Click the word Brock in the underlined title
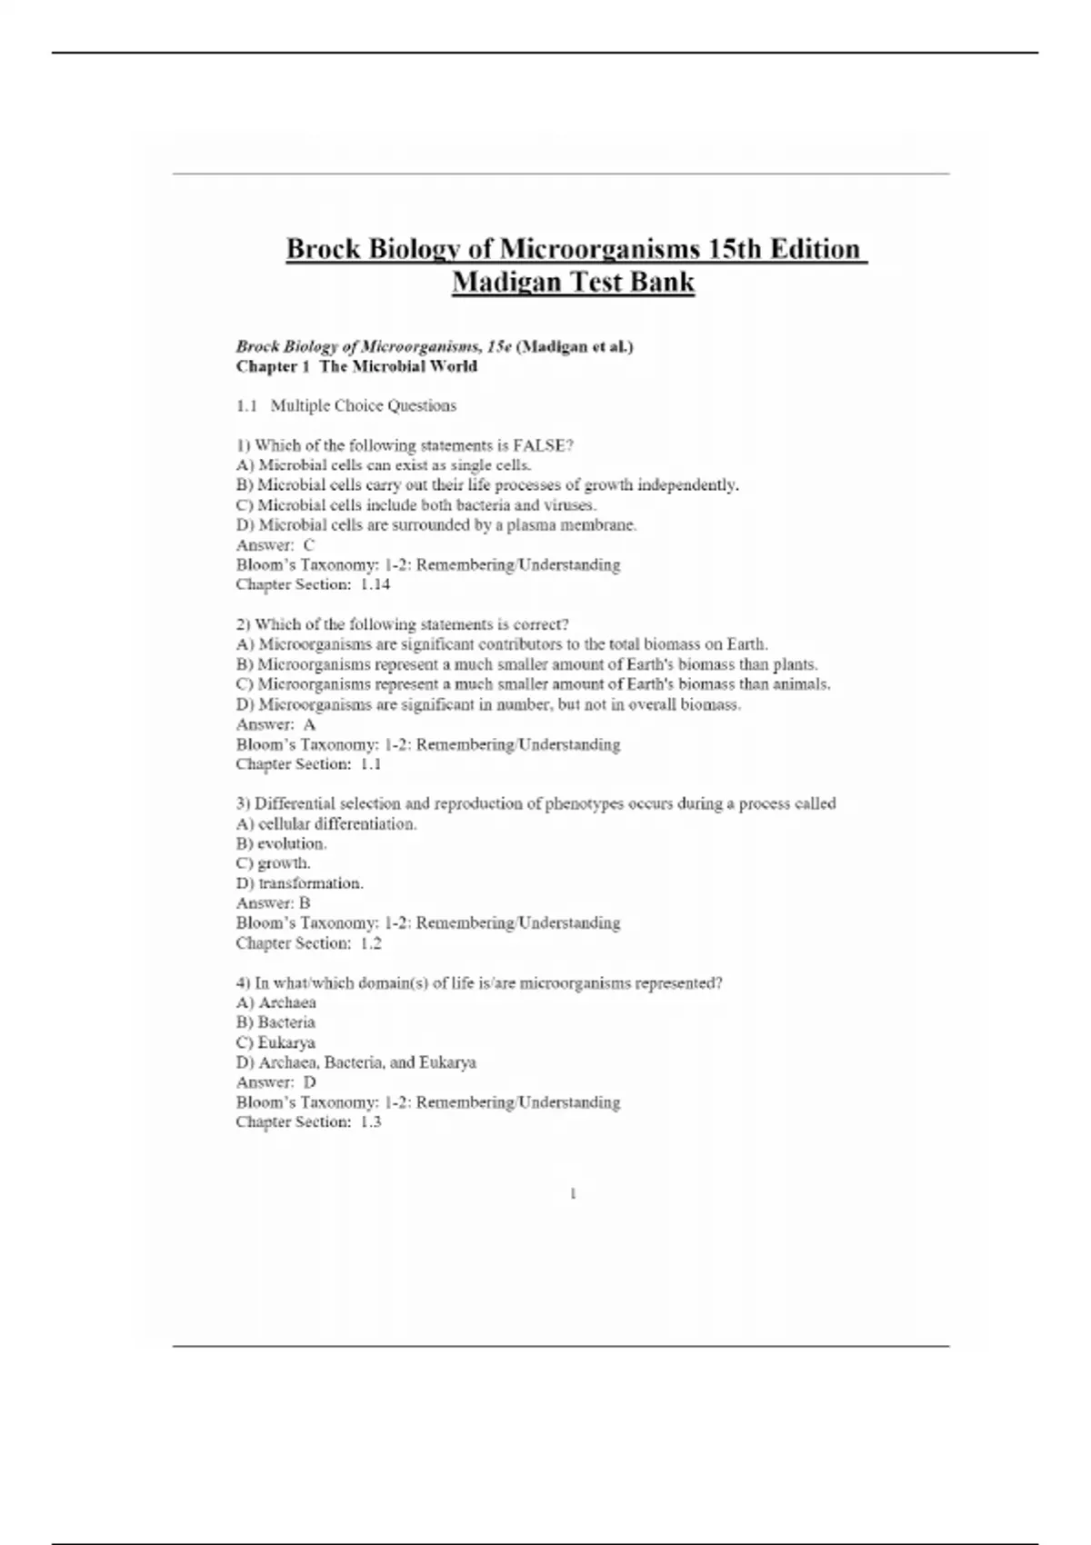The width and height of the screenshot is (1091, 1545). pyautogui.click(x=323, y=249)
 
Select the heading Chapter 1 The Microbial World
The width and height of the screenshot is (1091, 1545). pyautogui.click(x=356, y=366)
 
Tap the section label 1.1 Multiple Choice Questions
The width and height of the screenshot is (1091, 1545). pyautogui.click(x=346, y=405)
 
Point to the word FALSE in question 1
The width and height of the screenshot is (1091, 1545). pyautogui.click(x=539, y=445)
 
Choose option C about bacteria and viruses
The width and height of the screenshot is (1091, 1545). pyautogui.click(x=415, y=504)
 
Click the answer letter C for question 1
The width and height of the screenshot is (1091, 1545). pyautogui.click(x=308, y=544)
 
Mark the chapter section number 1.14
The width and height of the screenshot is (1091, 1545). pyautogui.click(x=375, y=584)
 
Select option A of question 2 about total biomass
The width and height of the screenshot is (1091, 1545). pyautogui.click(x=502, y=644)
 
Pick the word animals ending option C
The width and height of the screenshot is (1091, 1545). pyautogui.click(x=800, y=684)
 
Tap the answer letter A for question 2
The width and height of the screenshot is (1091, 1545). pyautogui.click(x=309, y=724)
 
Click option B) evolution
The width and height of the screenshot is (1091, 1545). pyautogui.click(x=281, y=843)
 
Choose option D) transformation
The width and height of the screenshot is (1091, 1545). pyautogui.click(x=299, y=883)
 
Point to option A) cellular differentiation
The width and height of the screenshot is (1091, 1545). pyautogui.click(x=326, y=823)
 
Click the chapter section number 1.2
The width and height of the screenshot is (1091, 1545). pyautogui.click(x=370, y=943)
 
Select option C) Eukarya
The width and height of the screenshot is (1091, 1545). pyautogui.click(x=275, y=1042)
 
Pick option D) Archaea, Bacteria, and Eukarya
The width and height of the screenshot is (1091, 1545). pyautogui.click(x=355, y=1062)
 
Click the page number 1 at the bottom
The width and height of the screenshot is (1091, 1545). pyautogui.click(x=573, y=1194)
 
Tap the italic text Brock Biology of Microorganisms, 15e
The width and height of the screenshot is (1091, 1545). pyautogui.click(x=374, y=346)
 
